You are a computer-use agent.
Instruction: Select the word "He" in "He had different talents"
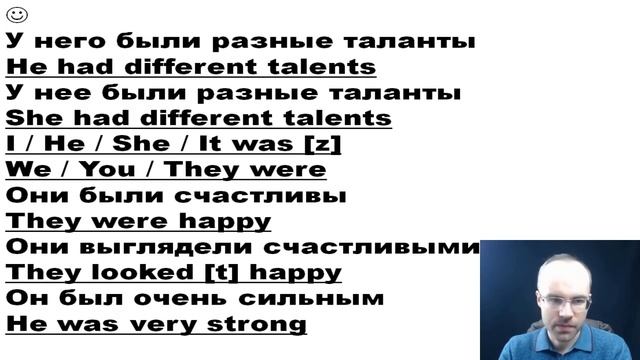point(24,68)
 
